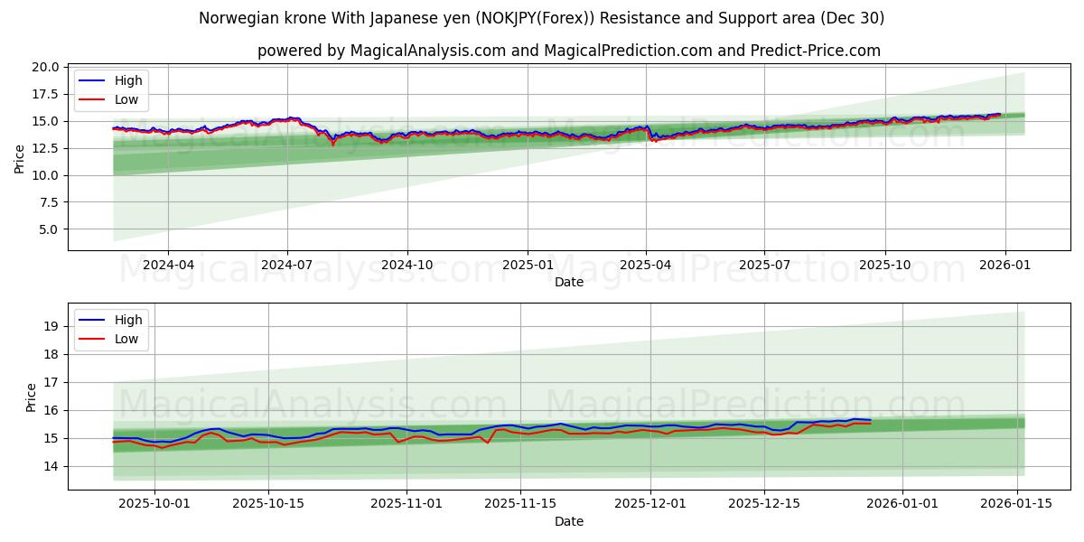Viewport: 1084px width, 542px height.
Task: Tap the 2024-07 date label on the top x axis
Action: (287, 265)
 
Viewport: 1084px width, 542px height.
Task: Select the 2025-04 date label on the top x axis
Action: (645, 265)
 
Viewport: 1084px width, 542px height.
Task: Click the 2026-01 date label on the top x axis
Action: (1004, 265)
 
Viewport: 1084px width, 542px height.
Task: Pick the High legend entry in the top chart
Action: (127, 80)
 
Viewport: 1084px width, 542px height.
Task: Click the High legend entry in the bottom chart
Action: (127, 320)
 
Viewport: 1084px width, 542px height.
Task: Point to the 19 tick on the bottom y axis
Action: (52, 326)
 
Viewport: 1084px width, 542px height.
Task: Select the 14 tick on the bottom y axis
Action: (52, 466)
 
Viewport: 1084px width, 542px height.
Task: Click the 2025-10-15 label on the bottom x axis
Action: (268, 504)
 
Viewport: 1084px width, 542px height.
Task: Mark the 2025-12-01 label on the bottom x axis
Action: (650, 504)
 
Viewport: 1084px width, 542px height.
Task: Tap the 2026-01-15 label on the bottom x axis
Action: (1018, 504)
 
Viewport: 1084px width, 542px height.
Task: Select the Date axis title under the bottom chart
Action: (569, 521)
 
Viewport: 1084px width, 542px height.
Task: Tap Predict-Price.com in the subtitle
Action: (816, 51)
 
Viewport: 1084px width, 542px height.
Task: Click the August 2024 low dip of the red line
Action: (332, 143)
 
